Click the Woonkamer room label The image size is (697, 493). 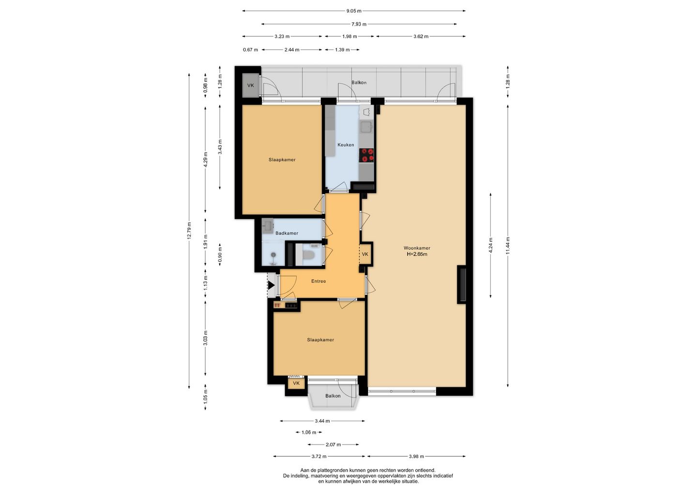click(x=417, y=248)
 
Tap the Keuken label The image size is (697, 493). click(x=346, y=145)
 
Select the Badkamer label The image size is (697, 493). click(x=287, y=233)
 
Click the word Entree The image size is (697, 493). click(x=318, y=281)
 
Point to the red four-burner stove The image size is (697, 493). click(x=366, y=155)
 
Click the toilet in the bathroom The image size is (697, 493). click(x=308, y=255)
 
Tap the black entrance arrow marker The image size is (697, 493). click(x=272, y=285)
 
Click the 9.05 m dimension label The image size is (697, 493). click(x=354, y=11)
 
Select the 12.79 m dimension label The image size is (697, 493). click(x=189, y=231)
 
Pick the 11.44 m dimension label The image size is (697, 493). click(x=507, y=246)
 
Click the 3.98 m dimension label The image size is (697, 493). click(x=416, y=456)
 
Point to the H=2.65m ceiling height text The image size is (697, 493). click(x=417, y=254)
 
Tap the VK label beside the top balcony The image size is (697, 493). click(x=251, y=85)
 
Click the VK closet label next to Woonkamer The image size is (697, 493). click(x=365, y=254)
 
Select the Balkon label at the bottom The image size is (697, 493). click(x=333, y=396)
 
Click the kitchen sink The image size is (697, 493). click(x=366, y=127)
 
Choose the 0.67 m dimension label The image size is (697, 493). click(x=251, y=49)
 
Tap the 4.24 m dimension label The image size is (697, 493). click(x=491, y=246)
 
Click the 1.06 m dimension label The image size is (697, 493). click(x=309, y=432)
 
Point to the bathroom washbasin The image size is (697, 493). click(x=268, y=226)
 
